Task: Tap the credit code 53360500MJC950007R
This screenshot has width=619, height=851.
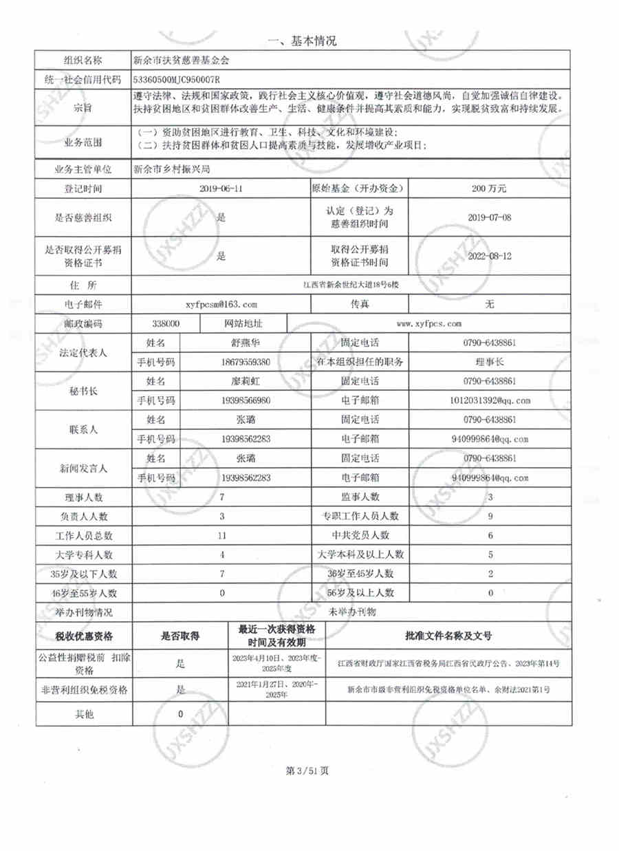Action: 181,79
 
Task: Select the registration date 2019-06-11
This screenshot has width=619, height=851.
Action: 221,187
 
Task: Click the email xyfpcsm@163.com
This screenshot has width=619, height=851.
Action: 221,303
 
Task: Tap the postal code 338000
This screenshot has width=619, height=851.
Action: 165,323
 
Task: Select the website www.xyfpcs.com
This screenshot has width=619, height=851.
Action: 429,323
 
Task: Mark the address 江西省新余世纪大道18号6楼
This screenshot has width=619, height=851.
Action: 351,284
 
